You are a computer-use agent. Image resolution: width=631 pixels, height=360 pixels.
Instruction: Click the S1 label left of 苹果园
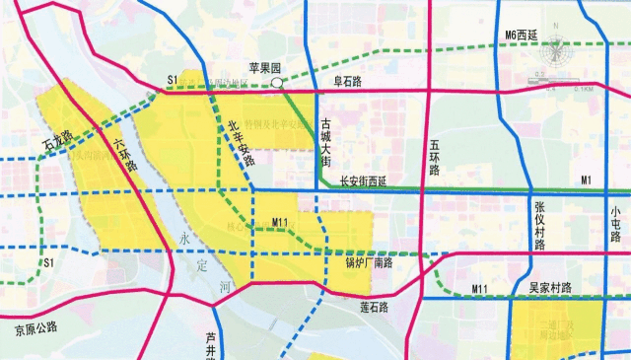(172, 79)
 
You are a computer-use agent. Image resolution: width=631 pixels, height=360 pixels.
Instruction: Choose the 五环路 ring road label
(434, 157)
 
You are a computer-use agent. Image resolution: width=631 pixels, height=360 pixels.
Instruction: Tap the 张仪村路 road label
(539, 224)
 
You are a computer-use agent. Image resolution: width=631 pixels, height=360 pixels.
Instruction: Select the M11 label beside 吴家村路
(481, 287)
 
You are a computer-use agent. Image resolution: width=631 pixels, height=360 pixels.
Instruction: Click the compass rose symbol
(558, 48)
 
